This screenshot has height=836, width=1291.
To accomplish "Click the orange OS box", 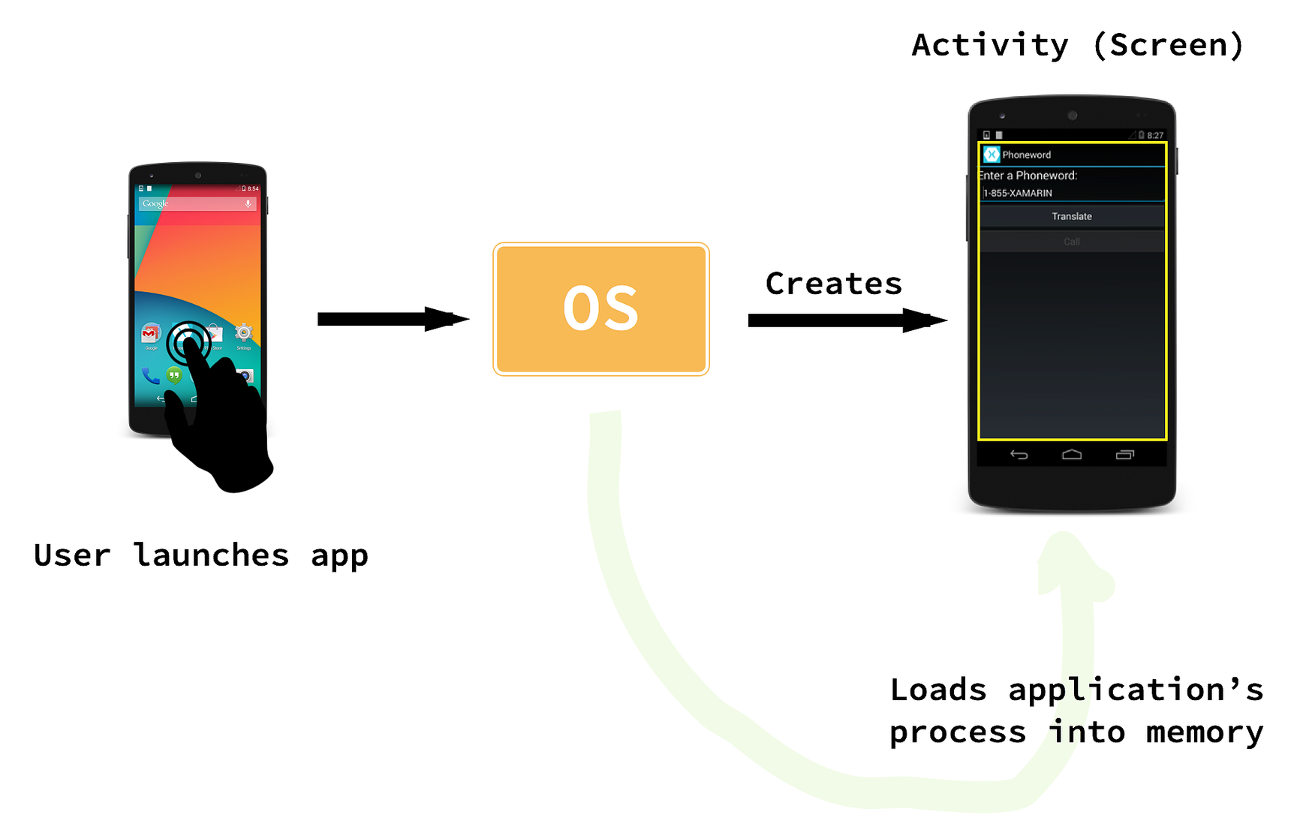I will [x=600, y=308].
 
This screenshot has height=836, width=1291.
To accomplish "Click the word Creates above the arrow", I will [x=833, y=284].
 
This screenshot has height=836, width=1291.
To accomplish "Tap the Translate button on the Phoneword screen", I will [x=1071, y=216].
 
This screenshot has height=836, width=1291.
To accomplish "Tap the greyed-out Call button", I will [x=1071, y=242].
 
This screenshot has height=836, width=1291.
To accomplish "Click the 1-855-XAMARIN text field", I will [x=1071, y=193].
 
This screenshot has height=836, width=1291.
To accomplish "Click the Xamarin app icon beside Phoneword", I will [x=992, y=155].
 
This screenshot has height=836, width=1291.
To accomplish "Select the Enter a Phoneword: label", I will [x=1028, y=176].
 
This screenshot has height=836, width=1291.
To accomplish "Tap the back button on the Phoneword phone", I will [x=1019, y=454].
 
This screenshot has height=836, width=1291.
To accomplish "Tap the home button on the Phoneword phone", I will [x=1071, y=454].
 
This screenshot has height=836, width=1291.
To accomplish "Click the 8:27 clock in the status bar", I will [x=1154, y=136].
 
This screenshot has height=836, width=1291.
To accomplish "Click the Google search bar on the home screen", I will [x=197, y=203].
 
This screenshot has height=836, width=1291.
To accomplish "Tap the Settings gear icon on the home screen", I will [x=243, y=332].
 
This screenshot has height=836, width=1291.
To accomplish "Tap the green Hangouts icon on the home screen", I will [x=174, y=374].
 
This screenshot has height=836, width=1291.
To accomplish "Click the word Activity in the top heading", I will [x=989, y=45].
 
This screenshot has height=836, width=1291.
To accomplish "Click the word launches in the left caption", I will [x=211, y=555].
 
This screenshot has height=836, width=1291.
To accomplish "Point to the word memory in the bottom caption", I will [x=1204, y=732].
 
